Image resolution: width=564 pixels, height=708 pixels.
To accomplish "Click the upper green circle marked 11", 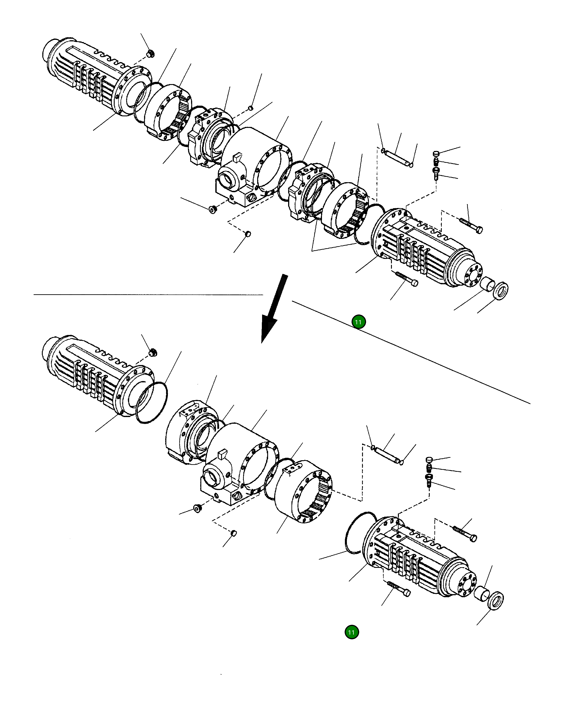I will click(358, 322).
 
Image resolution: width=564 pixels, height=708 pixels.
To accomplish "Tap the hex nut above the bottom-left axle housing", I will click(153, 353).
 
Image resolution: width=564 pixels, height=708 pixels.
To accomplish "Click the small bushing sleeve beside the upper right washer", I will click(487, 283).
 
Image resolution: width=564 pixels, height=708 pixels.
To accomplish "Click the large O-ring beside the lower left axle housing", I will click(151, 403).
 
